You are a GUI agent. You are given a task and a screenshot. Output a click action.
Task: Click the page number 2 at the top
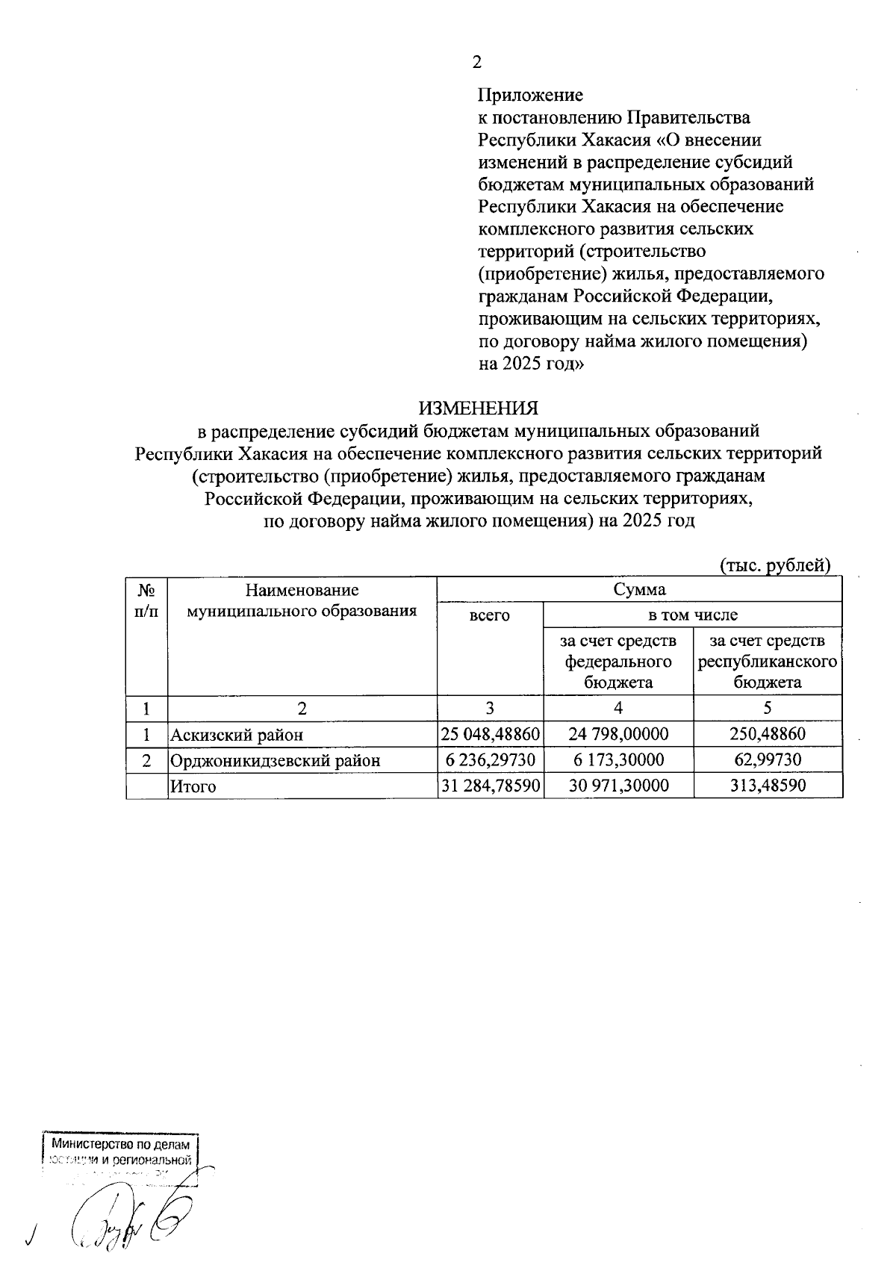click(477, 63)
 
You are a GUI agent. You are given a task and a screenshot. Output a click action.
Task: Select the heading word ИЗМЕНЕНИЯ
click(478, 408)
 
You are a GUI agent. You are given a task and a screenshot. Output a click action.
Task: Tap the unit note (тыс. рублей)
click(774, 565)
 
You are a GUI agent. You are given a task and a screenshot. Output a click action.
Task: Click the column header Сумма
click(639, 589)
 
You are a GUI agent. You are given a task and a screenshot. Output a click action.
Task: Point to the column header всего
click(489, 615)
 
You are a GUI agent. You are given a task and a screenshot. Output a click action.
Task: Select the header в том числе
click(692, 615)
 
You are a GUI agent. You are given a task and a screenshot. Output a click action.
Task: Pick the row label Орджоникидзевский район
click(275, 760)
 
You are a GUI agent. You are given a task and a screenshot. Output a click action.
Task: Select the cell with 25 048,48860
click(490, 734)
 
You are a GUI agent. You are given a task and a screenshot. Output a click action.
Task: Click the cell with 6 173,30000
click(618, 760)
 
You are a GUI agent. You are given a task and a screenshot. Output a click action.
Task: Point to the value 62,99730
click(768, 760)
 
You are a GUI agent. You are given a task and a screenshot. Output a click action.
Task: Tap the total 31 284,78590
click(490, 786)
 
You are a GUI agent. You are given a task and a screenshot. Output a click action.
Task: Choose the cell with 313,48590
click(768, 786)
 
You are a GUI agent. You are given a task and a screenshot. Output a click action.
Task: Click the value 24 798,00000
click(618, 734)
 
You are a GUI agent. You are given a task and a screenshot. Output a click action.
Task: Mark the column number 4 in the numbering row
click(618, 708)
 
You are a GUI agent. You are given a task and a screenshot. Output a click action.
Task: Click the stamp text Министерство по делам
click(121, 1144)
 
